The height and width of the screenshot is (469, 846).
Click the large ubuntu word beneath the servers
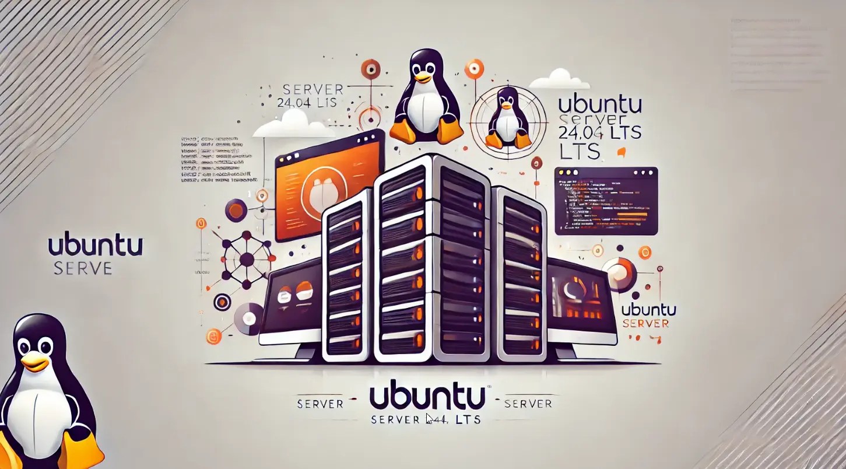pyautogui.click(x=427, y=397)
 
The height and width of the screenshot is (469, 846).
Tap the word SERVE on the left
pyautogui.click(x=82, y=268)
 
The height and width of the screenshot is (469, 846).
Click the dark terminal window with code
pyautogui.click(x=606, y=201)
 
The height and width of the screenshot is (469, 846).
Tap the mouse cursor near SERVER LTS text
pyautogui.click(x=429, y=418)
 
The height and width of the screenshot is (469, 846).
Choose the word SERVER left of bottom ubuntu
pyautogui.click(x=320, y=404)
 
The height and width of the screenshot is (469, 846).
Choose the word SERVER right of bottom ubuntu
pyautogui.click(x=528, y=403)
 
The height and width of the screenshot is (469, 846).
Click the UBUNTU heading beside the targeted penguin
pyautogui.click(x=599, y=106)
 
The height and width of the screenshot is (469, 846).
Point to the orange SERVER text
pyautogui.click(x=645, y=323)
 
